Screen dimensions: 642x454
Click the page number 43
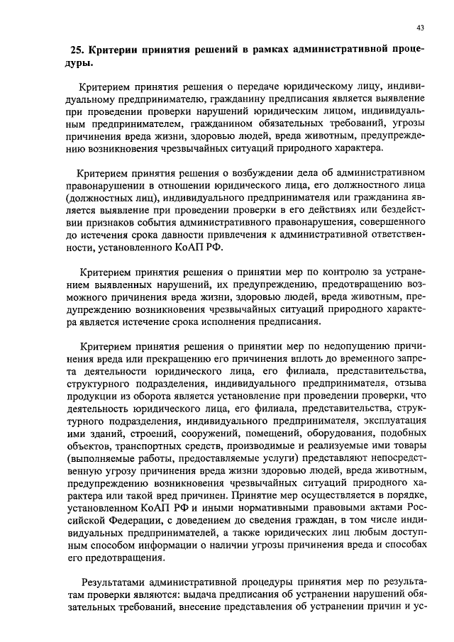(420, 28)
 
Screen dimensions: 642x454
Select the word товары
(409, 450)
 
